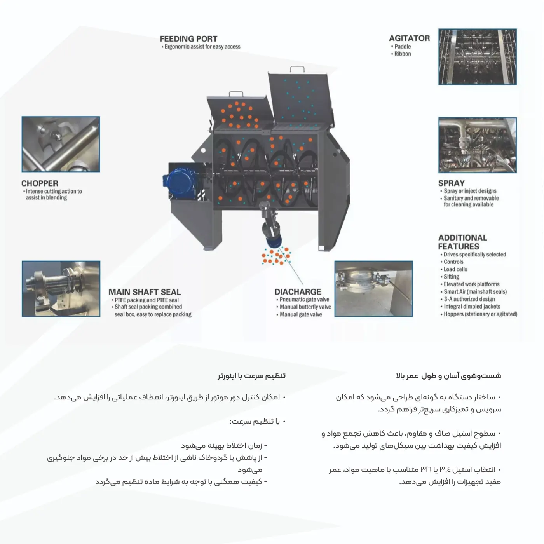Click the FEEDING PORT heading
pos(188,39)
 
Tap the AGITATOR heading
pos(409,38)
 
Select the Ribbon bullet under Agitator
pos(401,54)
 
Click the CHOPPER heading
pos(40,183)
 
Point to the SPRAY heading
pos(451,183)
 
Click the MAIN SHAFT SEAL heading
pos(145,292)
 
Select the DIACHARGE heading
pos(298,291)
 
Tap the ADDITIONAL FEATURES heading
pos(462,242)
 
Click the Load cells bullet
pos(454,269)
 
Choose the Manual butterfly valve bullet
pos(303,307)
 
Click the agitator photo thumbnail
pos(478,56)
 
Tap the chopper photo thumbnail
pos(61,144)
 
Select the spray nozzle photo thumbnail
pos(478,145)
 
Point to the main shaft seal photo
pos(61,289)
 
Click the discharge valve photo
pos(373,289)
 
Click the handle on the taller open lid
pos(297,69)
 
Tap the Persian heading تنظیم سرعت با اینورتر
pos(251,376)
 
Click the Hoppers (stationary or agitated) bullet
pos(479,314)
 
